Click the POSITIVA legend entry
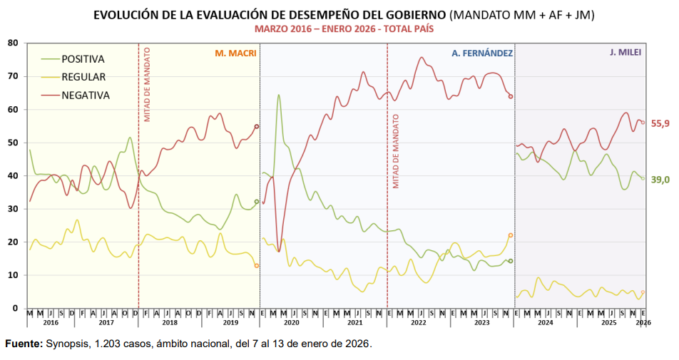tap(83, 59)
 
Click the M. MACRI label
tap(235, 53)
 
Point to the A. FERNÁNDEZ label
tap(481, 53)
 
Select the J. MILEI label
tap(626, 53)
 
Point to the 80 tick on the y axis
tap(13, 43)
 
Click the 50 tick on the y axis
tap(13, 143)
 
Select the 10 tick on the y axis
tap(13, 275)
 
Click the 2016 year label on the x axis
tap(50, 323)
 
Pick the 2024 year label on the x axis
tap(546, 323)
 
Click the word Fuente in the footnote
tap(24, 344)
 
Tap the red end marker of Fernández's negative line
tap(511, 96)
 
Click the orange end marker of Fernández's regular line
tap(511, 235)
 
